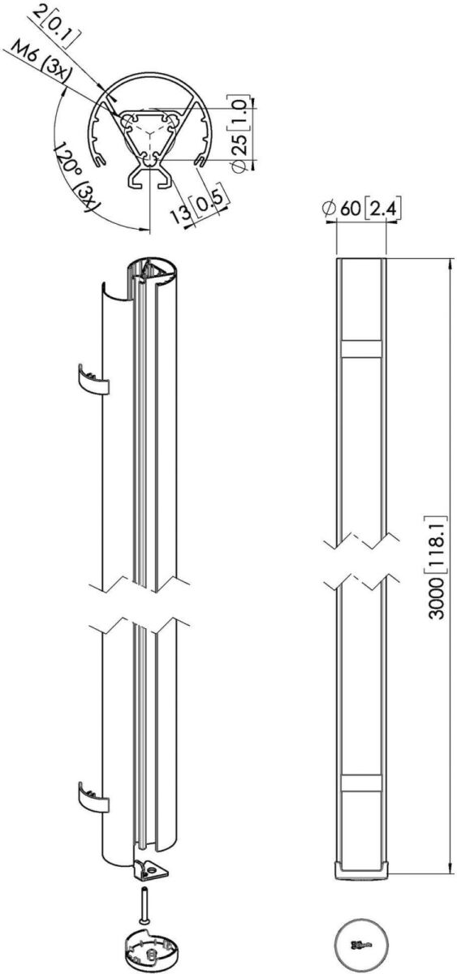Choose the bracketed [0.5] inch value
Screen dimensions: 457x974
[x=209, y=202]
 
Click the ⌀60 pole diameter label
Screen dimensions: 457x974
[x=342, y=209]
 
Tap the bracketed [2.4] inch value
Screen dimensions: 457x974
[x=382, y=209]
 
